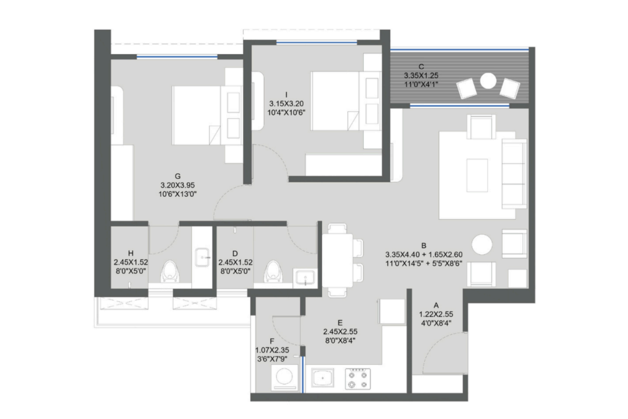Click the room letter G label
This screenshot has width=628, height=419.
pos(178,176)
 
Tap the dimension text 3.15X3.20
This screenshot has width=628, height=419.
pos(286,104)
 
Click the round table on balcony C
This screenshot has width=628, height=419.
pos(488,81)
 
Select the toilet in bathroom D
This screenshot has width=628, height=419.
pos(273,271)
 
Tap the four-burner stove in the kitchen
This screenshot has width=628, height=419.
pos(358,379)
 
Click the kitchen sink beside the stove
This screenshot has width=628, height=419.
pos(323,378)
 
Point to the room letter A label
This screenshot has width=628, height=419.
pos(436,306)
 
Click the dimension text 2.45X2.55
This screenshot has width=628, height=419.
pos(340,332)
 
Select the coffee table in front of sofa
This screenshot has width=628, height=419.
pos(477,175)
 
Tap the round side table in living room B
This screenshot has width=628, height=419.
pos(482,245)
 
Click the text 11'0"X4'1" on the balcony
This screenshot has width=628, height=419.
pos(421,84)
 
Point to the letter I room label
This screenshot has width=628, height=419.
pos(286,95)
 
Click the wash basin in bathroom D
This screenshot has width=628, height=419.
pos(305,278)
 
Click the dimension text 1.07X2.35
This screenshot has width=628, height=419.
pos(272,350)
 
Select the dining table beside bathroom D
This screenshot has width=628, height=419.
pos(337,260)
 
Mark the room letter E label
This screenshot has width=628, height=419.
pos(340,323)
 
